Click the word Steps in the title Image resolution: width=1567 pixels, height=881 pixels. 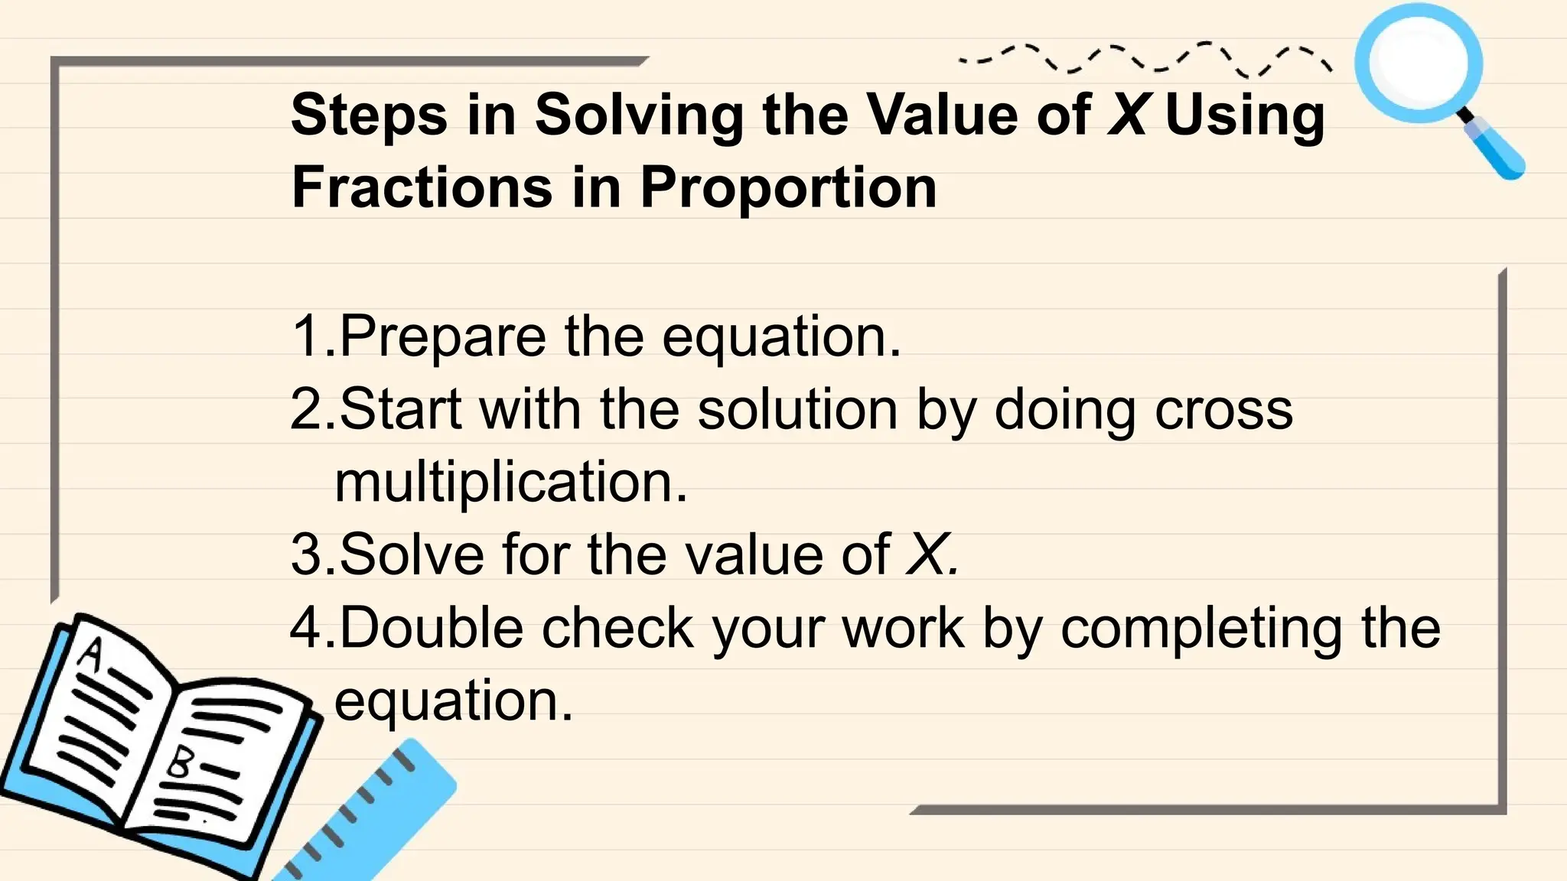[x=369, y=116]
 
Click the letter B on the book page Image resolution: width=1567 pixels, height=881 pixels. [x=181, y=762]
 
